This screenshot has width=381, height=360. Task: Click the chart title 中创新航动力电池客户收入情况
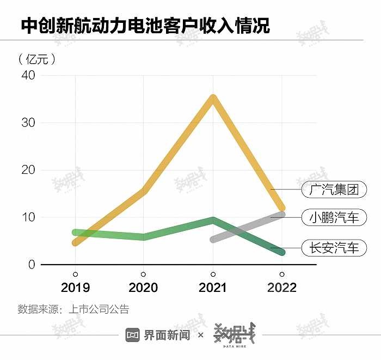tap(145, 26)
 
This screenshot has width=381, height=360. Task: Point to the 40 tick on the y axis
tap(28, 75)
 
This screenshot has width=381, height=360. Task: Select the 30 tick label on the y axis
tap(28, 123)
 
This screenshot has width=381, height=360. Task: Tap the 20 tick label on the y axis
tap(28, 170)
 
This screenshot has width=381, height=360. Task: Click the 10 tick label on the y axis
tap(28, 217)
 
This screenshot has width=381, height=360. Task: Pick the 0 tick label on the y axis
tap(31, 265)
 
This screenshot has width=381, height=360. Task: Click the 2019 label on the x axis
tap(75, 288)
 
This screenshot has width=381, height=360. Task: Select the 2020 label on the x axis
tap(143, 288)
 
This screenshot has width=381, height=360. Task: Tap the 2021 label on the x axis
tap(212, 288)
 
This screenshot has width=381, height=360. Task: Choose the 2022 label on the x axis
tap(281, 288)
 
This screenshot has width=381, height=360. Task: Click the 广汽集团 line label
tap(334, 190)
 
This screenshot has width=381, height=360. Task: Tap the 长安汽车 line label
tap(334, 248)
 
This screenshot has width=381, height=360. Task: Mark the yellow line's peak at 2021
tap(213, 98)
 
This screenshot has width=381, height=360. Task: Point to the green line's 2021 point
tap(213, 220)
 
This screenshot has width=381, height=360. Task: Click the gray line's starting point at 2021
tap(213, 239)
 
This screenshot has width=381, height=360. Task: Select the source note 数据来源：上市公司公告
tap(73, 310)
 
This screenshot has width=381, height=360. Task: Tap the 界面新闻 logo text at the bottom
tap(167, 335)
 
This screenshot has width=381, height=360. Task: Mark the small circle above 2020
tap(143, 274)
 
